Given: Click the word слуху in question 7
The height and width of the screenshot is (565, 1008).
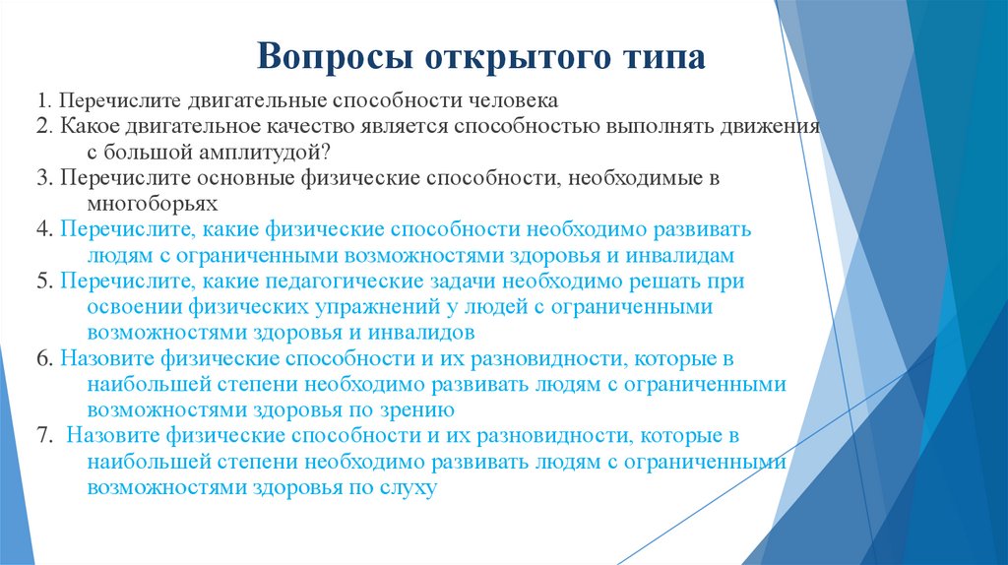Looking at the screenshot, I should [408, 486].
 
